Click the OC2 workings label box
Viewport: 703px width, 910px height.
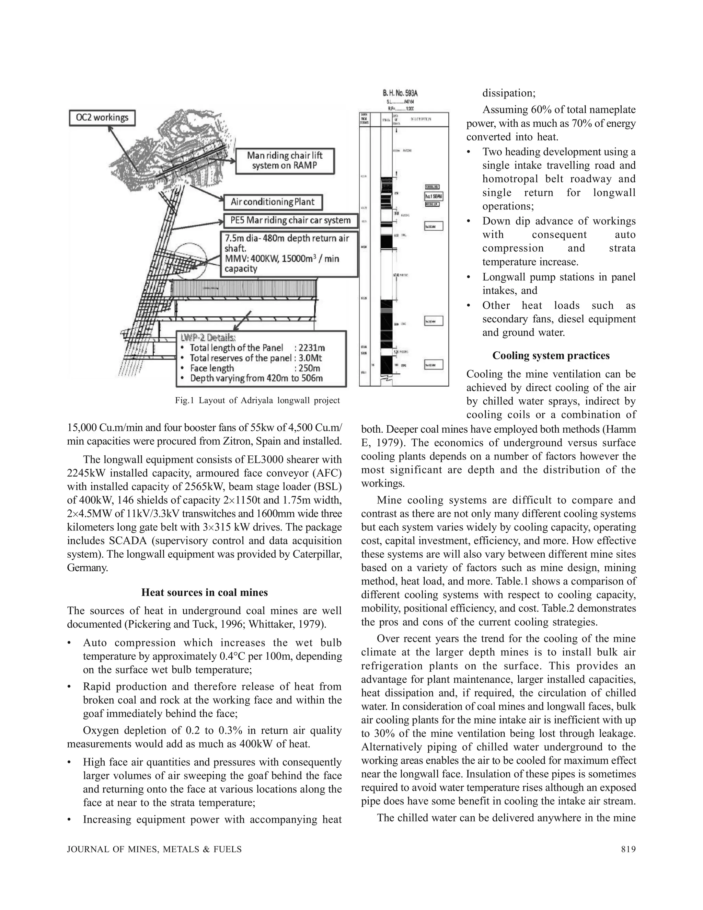[102, 117]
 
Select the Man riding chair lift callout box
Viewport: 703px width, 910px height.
[285, 161]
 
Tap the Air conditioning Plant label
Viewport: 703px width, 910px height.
[273, 202]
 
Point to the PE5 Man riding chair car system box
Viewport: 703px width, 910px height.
[290, 220]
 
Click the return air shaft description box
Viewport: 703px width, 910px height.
[289, 254]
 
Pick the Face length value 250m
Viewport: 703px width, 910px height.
[309, 368]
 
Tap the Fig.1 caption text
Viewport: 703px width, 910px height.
[257, 400]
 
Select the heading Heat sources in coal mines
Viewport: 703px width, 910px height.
[205, 592]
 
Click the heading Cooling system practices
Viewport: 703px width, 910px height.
[551, 355]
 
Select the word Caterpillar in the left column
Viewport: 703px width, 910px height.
[318, 554]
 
